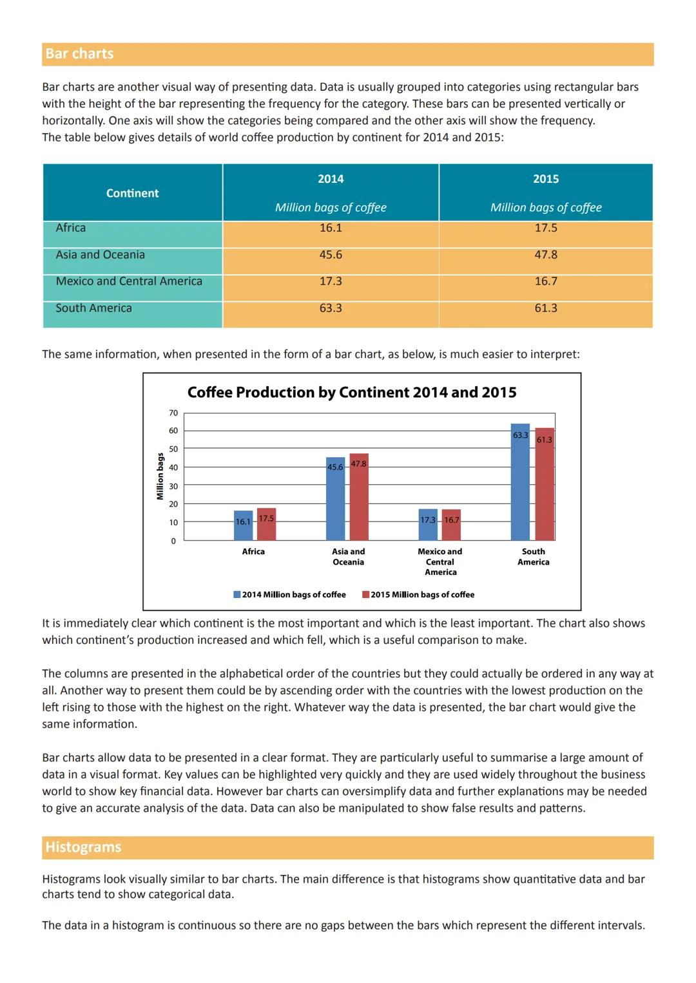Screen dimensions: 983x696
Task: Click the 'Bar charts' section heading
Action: [79, 54]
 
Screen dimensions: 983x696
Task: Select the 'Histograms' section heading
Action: [83, 847]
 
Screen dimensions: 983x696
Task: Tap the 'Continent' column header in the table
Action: [132, 193]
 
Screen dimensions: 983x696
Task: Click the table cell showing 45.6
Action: [331, 255]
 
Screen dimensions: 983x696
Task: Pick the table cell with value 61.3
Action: [546, 308]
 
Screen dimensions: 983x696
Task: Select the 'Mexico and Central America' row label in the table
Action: [129, 281]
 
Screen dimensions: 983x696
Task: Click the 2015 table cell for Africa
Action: [546, 228]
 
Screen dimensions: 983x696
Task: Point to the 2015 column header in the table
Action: [546, 179]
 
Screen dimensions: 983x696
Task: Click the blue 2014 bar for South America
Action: [520, 483]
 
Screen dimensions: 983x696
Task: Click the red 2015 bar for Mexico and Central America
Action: [451, 525]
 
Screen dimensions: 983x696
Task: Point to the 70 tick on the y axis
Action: [173, 413]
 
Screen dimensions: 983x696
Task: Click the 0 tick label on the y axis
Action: [173, 541]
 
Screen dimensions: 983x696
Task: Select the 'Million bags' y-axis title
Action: [160, 476]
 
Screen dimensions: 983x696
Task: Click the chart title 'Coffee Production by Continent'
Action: [352, 393]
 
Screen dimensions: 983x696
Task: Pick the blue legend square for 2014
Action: [237, 595]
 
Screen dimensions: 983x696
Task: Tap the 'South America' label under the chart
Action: [534, 557]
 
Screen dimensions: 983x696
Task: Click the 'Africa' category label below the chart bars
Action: [253, 552]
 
